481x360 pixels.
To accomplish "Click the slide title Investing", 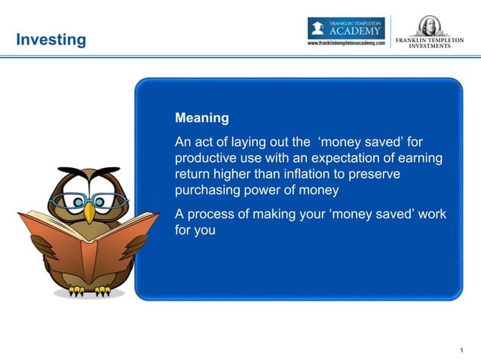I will [x=51, y=40].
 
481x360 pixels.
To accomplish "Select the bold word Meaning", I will [x=201, y=118].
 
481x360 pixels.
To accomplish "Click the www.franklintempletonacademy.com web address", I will [x=346, y=44].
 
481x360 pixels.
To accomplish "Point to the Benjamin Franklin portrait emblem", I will [x=429, y=25].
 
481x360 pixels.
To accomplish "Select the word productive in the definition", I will [x=205, y=157].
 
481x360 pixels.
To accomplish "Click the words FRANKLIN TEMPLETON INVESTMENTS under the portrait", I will [x=430, y=42].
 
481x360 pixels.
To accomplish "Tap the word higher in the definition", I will [x=235, y=174].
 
